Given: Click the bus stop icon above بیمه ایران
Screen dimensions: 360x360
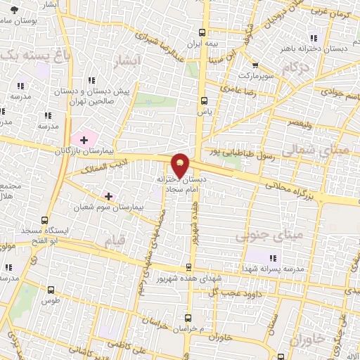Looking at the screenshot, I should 202,32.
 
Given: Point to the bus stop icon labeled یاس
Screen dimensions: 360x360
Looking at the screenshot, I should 203,100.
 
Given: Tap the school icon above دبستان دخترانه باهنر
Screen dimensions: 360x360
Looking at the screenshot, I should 314,38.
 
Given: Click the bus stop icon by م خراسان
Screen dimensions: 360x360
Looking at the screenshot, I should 188,318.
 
